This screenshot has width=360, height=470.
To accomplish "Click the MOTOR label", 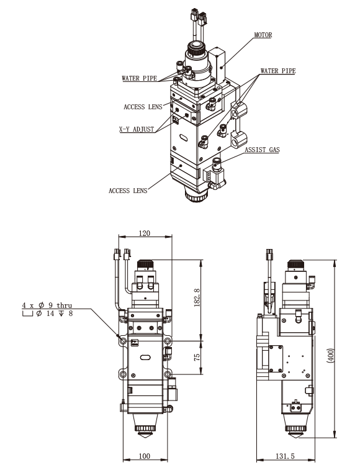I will pyautogui.click(x=263, y=35).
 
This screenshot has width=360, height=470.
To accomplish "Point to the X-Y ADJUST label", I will pyautogui.click(x=136, y=130).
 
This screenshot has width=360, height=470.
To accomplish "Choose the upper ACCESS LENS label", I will pyautogui.click(x=143, y=107).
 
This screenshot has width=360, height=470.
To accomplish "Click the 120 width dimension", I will pyautogui.click(x=144, y=234).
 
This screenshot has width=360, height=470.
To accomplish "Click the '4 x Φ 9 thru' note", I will pyautogui.click(x=47, y=305).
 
